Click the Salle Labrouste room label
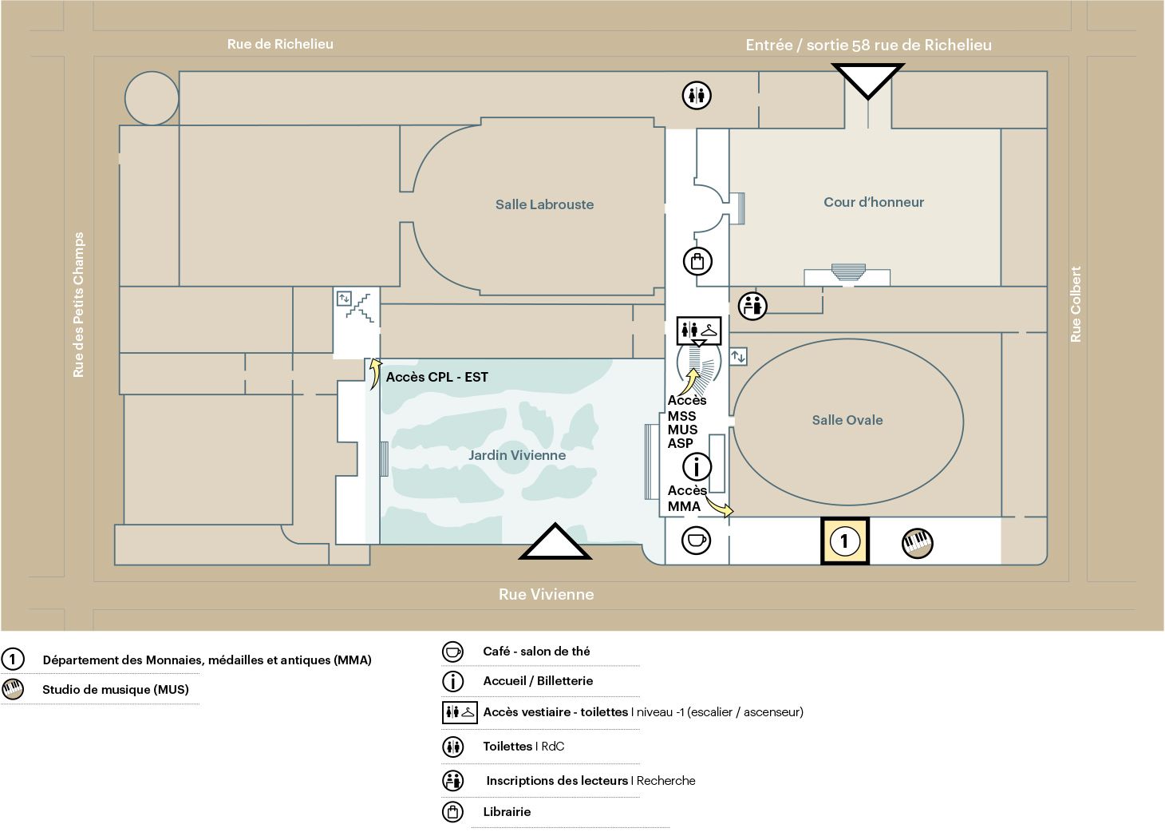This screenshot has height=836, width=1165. (x=544, y=204)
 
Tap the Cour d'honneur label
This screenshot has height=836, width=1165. (x=874, y=202)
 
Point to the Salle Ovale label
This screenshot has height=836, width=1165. (x=847, y=420)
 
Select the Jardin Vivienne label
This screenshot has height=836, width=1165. (x=517, y=455)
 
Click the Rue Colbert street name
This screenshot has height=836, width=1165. (x=1076, y=304)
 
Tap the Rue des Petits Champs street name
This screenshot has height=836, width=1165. (x=78, y=304)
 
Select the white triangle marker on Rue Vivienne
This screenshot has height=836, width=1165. (x=555, y=541)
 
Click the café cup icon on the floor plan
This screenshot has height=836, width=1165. (x=696, y=540)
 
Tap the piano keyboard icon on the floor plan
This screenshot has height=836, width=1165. (x=917, y=543)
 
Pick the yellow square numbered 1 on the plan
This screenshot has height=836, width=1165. (x=844, y=541)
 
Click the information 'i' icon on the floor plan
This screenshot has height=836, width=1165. (x=697, y=466)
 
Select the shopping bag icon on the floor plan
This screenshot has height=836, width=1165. (x=697, y=261)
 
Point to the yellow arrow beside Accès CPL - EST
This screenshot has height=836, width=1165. (x=374, y=374)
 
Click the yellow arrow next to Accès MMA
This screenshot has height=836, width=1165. (x=720, y=506)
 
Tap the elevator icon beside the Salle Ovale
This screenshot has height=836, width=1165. (x=738, y=357)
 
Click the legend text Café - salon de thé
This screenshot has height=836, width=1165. (x=536, y=652)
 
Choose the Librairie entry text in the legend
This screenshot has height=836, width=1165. (x=507, y=811)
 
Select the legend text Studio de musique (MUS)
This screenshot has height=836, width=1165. (x=116, y=690)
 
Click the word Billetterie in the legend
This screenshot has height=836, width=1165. (x=565, y=681)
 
